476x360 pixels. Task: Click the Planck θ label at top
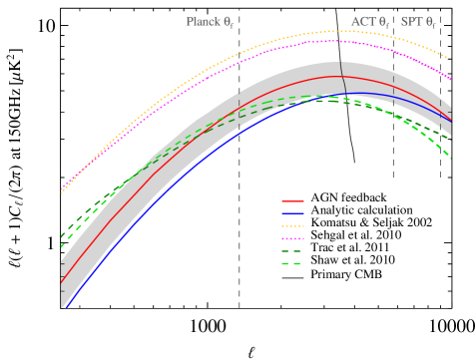click(210, 21)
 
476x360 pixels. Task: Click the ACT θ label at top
click(369, 21)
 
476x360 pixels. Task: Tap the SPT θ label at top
click(418, 21)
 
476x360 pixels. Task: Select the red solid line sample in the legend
click(292, 200)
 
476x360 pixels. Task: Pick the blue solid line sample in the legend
click(292, 213)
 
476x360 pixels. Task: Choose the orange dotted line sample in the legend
click(292, 226)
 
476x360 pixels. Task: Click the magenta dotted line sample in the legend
click(292, 239)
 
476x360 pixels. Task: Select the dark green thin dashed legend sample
click(292, 251)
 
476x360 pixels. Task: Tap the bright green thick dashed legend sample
click(292, 264)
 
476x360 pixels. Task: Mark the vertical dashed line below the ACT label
click(393, 150)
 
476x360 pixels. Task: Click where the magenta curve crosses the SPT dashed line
click(440, 71)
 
